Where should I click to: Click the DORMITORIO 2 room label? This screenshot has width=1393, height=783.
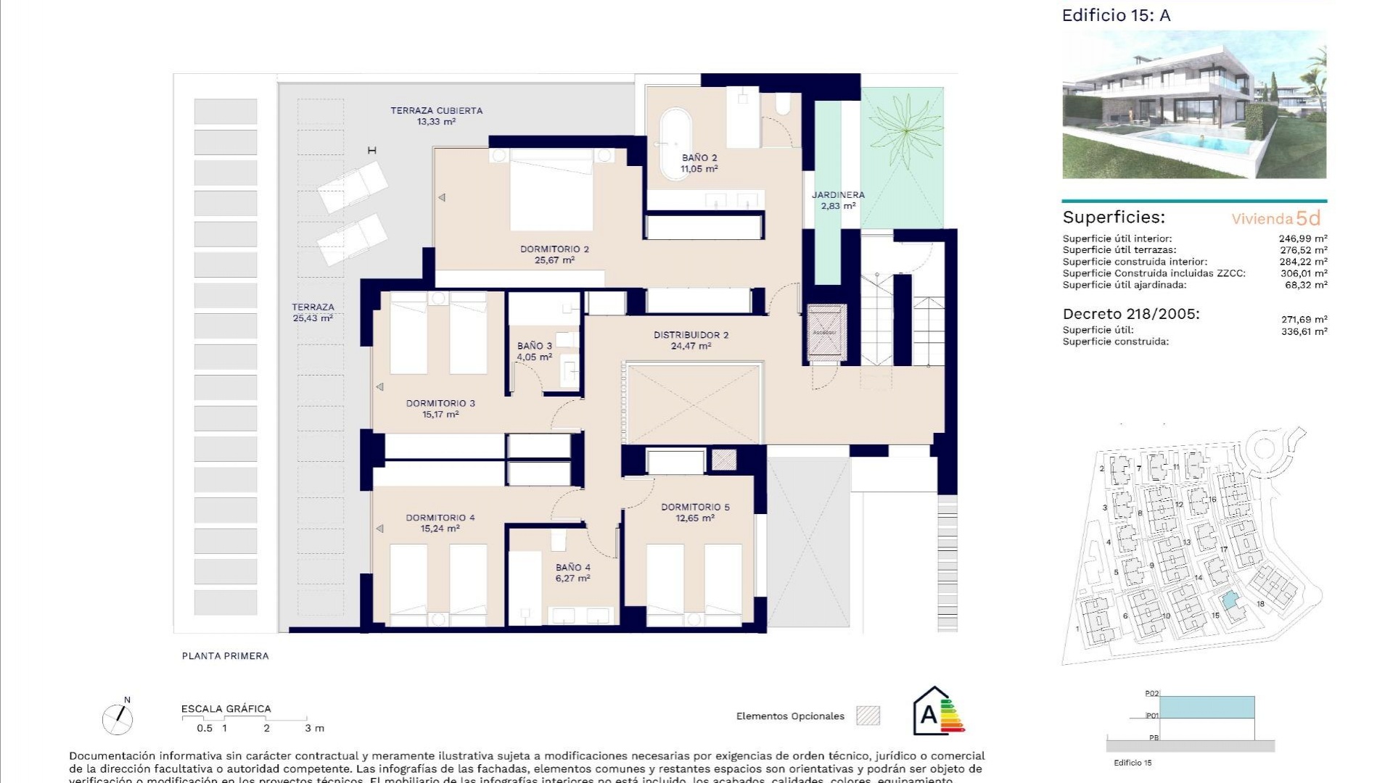tap(554, 254)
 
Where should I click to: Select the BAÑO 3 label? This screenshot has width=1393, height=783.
tap(534, 351)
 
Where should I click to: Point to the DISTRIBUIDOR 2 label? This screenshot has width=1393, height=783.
tap(691, 340)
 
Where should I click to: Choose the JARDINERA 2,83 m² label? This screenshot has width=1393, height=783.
tap(838, 200)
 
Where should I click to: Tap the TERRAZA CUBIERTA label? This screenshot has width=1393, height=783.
tap(436, 116)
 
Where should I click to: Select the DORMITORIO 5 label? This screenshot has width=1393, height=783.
tap(695, 512)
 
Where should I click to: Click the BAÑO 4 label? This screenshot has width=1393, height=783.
tap(572, 573)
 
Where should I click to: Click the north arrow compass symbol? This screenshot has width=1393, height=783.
tap(118, 718)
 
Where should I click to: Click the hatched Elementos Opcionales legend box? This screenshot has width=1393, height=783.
tap(868, 716)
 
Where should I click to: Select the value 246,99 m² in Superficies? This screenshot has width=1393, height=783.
tap(1302, 239)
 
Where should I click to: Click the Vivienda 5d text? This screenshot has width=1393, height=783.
tap(1275, 218)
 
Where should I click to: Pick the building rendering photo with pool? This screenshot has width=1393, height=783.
tap(1193, 104)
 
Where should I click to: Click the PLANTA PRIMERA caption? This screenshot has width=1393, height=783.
tap(225, 656)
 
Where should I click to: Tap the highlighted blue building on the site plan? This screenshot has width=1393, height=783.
tap(1228, 601)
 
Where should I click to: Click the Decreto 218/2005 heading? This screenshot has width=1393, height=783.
tap(1130, 314)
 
